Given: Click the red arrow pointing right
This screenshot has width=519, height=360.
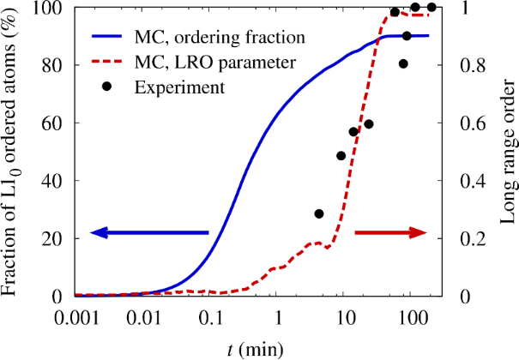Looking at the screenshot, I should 390,232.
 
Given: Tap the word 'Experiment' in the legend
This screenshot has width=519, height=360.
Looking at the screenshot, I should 186,87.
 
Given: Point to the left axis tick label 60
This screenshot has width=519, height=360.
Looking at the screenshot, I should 51,123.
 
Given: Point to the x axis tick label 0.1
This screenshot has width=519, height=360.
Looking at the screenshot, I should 209,317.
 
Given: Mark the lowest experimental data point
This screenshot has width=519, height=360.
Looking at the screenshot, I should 319,213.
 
